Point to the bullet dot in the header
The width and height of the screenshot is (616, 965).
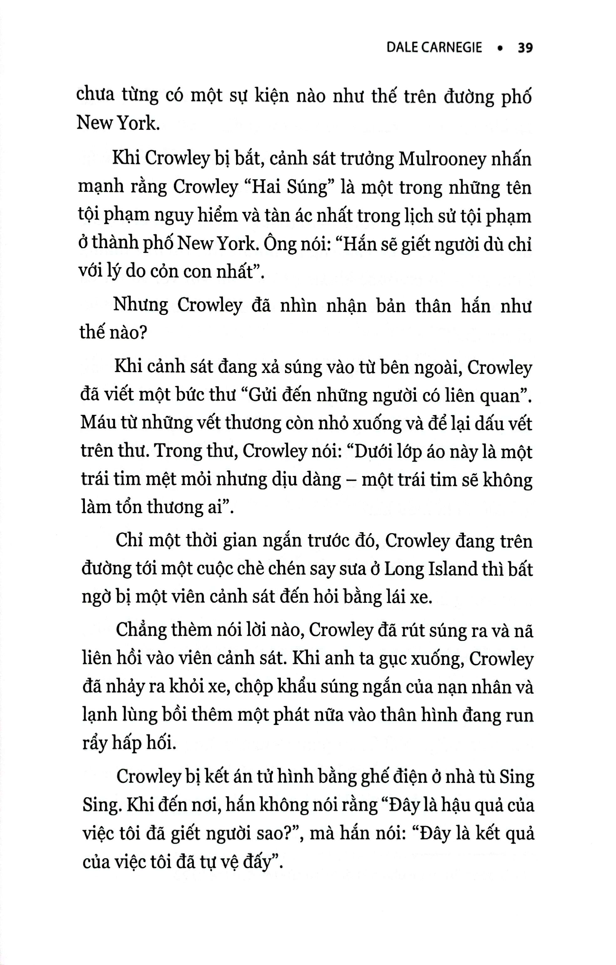[499, 49]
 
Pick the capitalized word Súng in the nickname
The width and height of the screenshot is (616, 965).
[310, 187]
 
